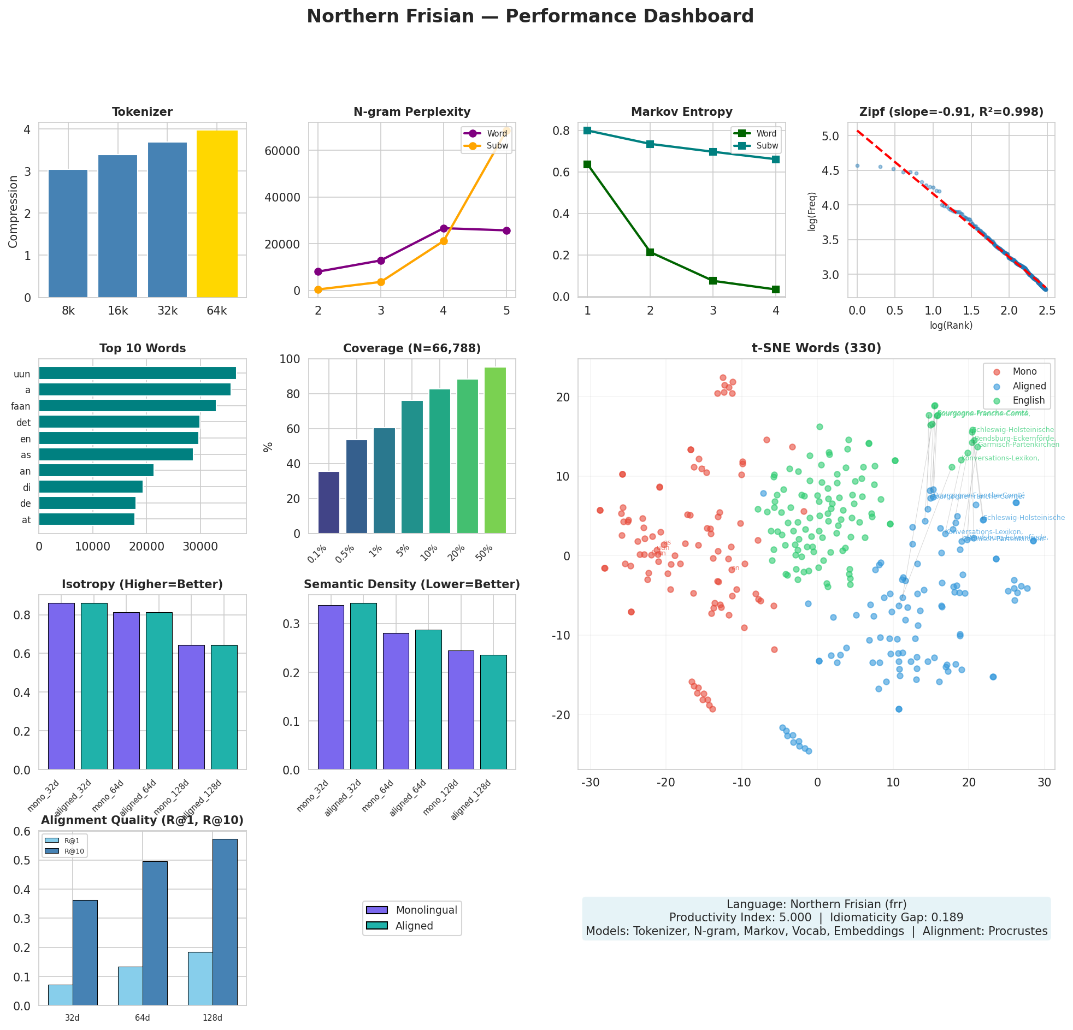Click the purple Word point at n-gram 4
tap(444, 228)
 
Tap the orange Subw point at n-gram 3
tap(381, 282)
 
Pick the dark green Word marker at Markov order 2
tap(650, 252)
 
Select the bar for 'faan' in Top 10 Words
tap(127, 406)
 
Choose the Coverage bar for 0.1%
tap(328, 502)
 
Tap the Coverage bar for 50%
tap(495, 451)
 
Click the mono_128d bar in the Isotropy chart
tap(191, 707)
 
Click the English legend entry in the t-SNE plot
tap(1028, 400)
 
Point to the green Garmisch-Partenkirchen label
tap(1018, 445)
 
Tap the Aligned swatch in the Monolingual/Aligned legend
tap(376, 926)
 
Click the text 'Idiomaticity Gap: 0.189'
tap(897, 917)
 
